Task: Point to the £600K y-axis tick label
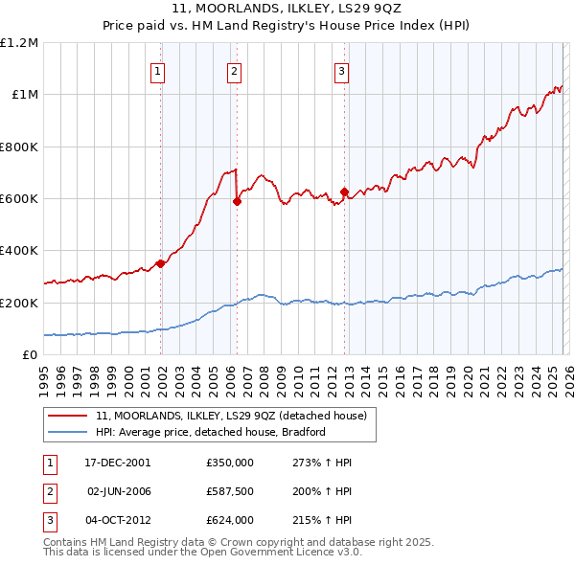pyautogui.click(x=19, y=199)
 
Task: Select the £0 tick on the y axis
pyautogui.click(x=31, y=355)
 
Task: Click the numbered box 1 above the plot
pyautogui.click(x=157, y=69)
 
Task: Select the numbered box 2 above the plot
pyautogui.click(x=234, y=69)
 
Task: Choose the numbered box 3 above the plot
pyautogui.click(x=341, y=69)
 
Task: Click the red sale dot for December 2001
pyautogui.click(x=161, y=264)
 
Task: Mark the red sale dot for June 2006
pyautogui.click(x=237, y=201)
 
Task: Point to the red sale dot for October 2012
pyautogui.click(x=344, y=192)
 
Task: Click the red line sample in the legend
pyautogui.click(x=67, y=416)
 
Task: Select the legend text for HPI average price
pyautogui.click(x=211, y=432)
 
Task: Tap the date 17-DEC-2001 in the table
pyautogui.click(x=118, y=463)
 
